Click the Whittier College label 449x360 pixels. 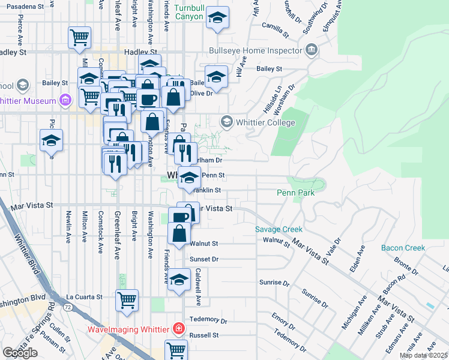(x=266, y=123)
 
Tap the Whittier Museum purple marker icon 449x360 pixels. (x=66, y=100)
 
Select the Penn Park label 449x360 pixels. (x=296, y=193)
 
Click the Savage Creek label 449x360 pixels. (x=279, y=230)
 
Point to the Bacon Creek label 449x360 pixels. (x=403, y=248)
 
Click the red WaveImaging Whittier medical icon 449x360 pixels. (x=178, y=328)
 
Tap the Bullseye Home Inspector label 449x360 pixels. (x=255, y=50)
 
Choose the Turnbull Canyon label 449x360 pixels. (x=190, y=14)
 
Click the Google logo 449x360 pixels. (x=20, y=353)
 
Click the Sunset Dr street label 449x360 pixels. (x=203, y=259)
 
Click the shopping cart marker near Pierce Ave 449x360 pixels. (x=79, y=37)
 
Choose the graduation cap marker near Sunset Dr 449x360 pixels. (x=179, y=280)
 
